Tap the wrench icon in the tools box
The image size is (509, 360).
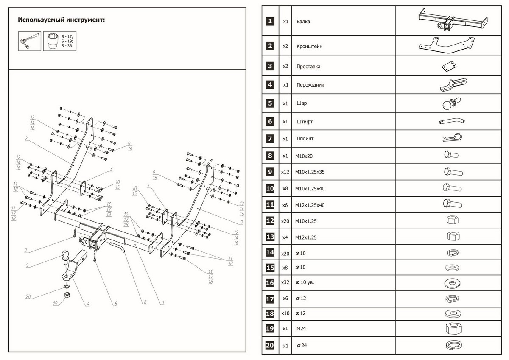[29, 41]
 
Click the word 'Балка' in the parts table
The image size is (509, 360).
[303, 21]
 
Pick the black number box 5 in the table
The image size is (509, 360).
[270, 103]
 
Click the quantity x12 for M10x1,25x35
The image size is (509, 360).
[285, 173]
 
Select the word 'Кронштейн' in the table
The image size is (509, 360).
[309, 46]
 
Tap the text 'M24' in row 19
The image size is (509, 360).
[301, 329]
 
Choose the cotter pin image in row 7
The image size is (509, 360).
[450, 139]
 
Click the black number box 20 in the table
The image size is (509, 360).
[270, 346]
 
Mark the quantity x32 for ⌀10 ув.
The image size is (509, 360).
[285, 282]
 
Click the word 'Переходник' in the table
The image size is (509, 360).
[310, 85]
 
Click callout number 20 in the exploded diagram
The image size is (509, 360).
[28, 297]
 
